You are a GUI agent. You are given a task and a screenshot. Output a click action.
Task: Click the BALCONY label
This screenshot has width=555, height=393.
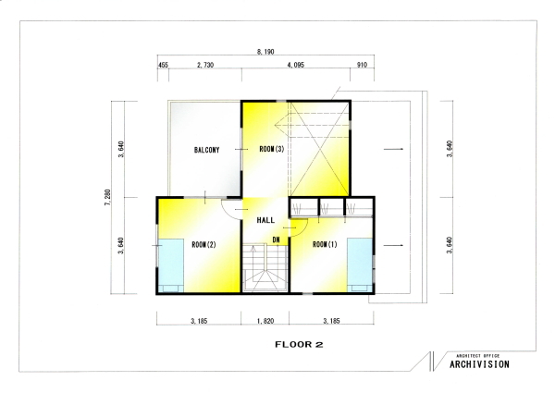click(206, 150)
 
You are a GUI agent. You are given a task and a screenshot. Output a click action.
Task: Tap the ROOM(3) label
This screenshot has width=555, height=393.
click(271, 149)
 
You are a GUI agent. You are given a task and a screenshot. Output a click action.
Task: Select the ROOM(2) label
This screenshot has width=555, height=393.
click(203, 245)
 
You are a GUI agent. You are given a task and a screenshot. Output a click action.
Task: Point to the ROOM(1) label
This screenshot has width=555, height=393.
click(325, 244)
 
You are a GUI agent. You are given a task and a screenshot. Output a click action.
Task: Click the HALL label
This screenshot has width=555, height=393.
click(265, 220)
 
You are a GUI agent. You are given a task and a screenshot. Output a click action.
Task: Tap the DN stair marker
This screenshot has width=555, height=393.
click(276, 239)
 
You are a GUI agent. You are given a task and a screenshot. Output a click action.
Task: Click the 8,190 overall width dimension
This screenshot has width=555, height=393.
click(265, 52)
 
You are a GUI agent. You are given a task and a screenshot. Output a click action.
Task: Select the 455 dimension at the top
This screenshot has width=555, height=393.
click(163, 65)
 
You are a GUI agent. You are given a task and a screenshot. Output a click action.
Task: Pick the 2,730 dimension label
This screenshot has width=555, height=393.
click(205, 65)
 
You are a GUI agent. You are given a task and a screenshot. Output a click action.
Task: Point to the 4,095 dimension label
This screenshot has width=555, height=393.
click(296, 65)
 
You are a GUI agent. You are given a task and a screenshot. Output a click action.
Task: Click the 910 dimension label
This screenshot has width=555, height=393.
click(362, 65)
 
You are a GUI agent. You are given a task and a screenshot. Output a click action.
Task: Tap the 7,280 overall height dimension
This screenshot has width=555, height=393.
click(107, 198)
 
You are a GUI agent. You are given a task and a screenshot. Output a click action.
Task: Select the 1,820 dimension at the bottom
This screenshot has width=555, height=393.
click(265, 321)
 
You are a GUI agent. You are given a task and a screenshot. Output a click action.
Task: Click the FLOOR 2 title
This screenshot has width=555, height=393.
click(299, 345)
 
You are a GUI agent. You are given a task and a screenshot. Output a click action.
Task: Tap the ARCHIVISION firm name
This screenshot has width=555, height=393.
click(479, 364)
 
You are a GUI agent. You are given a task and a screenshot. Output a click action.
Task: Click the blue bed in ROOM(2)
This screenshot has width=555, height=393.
click(170, 265)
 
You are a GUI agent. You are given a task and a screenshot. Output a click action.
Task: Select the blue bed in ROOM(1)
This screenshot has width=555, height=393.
click(360, 265)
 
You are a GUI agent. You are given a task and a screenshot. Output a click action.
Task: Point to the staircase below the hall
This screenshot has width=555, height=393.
click(265, 267)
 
